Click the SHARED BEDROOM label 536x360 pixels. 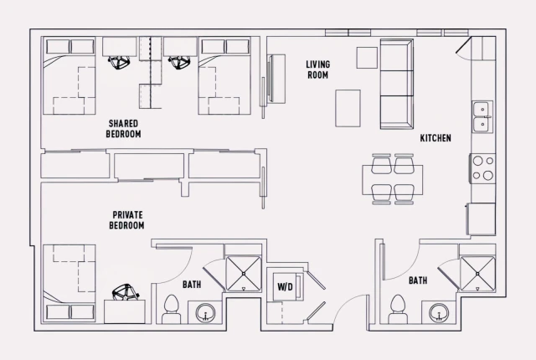[123, 128]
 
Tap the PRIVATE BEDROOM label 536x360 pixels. [126, 220]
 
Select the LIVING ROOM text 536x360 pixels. [317, 69]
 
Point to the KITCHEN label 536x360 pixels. [435, 138]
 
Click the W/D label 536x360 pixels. [285, 287]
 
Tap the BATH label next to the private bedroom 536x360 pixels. [192, 285]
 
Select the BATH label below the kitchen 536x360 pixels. [418, 281]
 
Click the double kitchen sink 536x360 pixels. [482, 117]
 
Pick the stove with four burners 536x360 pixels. [482, 167]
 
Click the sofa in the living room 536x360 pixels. [397, 84]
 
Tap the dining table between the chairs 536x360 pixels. [393, 177]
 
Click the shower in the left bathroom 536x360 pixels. [244, 270]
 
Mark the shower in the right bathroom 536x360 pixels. [479, 271]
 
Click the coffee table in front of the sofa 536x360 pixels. [348, 106]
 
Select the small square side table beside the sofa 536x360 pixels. [367, 57]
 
